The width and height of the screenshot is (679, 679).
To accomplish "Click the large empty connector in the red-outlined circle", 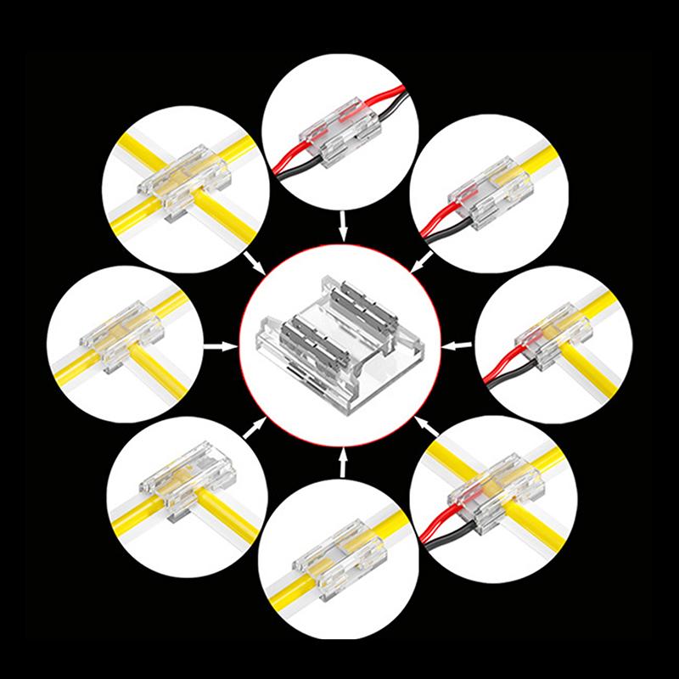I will coord(339,339).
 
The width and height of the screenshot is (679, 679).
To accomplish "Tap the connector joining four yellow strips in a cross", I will coord(183,182).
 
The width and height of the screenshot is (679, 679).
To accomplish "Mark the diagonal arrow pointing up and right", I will coord(252,429).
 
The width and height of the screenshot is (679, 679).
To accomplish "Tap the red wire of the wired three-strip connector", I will coord(441,525).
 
